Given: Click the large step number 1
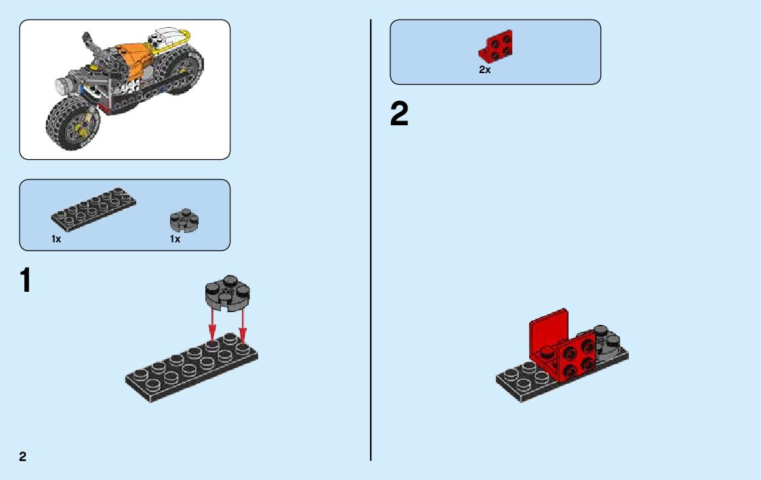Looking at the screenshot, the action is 26,280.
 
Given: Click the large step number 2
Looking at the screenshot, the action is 399,114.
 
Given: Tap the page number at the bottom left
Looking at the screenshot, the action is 23,456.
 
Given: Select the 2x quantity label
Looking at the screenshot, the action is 485,70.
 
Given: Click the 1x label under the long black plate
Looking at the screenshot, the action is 56,239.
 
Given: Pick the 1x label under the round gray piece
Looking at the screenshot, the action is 175,239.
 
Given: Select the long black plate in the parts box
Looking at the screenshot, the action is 94,208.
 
